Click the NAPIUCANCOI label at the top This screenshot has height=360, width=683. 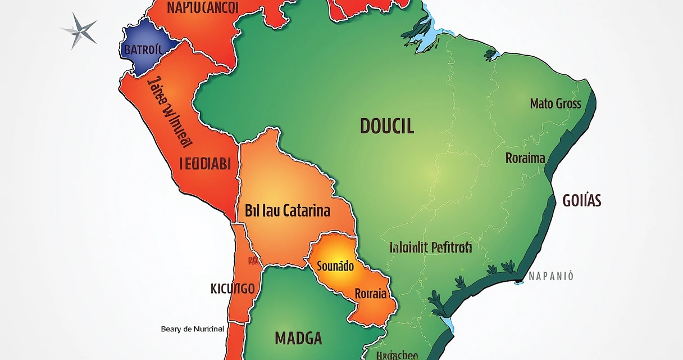tap(203, 7)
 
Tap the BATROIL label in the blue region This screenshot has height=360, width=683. tap(143, 49)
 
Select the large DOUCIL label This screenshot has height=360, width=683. tap(386, 127)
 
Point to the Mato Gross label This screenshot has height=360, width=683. tap(555, 103)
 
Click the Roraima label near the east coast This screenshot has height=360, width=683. tap(525, 158)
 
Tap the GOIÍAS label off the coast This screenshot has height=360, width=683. tap(581, 200)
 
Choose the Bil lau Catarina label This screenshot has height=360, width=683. tap(288, 212)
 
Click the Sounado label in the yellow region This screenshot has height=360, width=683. tap(335, 266)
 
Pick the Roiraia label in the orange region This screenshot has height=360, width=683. tap(370, 293)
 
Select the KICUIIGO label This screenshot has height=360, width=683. tap(233, 289)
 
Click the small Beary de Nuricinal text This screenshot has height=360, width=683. tap(192, 329)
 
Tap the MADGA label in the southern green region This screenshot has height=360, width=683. tap(298, 338)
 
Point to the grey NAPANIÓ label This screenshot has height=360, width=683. tap(551, 276)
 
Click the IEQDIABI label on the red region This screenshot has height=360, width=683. tap(204, 164)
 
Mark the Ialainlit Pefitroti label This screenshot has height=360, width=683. tap(430, 247)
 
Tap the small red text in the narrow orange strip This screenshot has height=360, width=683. tap(253, 260)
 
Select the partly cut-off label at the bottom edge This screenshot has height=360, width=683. tap(397, 355)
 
